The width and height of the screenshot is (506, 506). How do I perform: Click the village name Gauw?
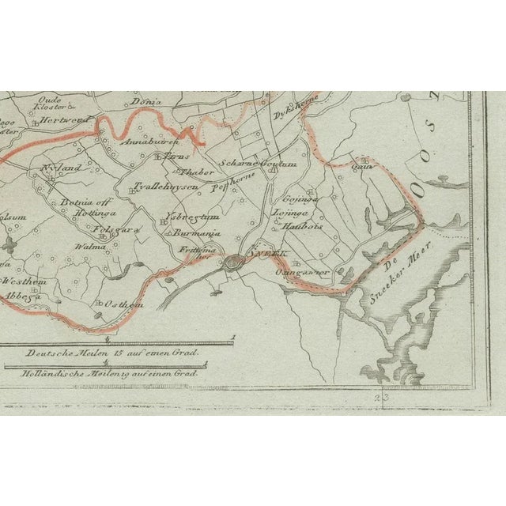click(362, 167)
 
